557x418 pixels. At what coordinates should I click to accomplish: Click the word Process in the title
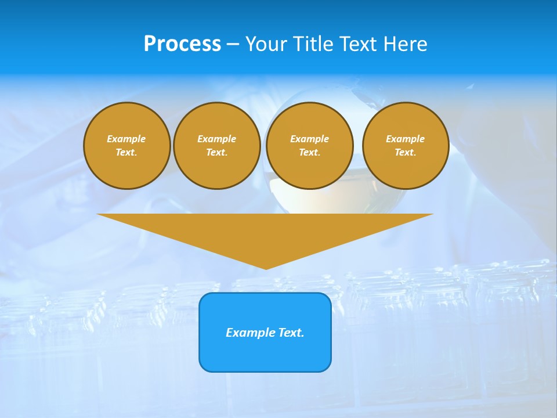click(x=182, y=44)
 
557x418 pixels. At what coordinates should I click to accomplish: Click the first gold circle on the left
click(x=126, y=146)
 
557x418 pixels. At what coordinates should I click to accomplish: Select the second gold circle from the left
click(x=216, y=146)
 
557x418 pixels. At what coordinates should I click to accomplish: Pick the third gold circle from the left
click(x=309, y=146)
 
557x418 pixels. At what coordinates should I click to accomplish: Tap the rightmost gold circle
click(x=405, y=146)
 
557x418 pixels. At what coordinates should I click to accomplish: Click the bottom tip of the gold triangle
click(x=266, y=268)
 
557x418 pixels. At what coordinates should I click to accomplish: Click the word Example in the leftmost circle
click(x=126, y=139)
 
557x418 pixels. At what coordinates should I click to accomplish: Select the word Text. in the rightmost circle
click(x=405, y=153)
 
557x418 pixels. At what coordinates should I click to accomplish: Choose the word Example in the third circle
click(x=309, y=139)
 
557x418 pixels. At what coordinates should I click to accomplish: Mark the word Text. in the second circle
click(x=216, y=153)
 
